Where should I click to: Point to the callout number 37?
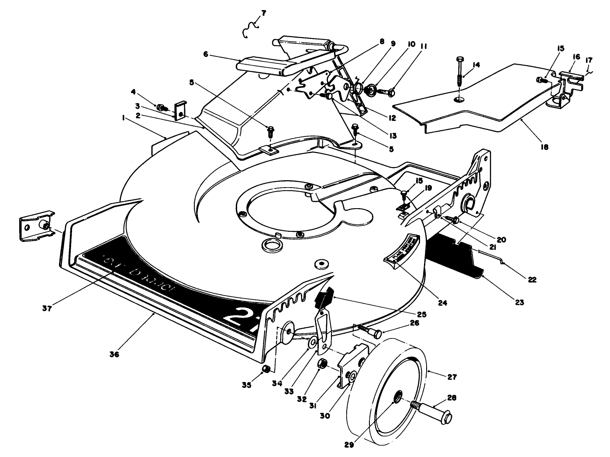(x=47, y=308)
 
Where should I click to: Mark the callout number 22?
(x=532, y=280)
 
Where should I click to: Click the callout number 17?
(x=589, y=59)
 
